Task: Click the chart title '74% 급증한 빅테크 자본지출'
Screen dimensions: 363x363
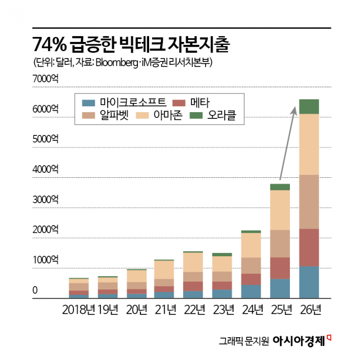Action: [131, 45]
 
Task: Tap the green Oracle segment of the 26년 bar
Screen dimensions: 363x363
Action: [309, 106]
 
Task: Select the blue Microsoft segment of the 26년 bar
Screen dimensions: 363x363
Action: [309, 282]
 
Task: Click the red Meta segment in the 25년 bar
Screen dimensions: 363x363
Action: [280, 268]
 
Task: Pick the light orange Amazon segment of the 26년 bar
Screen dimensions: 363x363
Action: [309, 144]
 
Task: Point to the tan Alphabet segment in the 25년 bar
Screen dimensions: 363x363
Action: [280, 243]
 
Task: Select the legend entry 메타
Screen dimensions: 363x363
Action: [192, 102]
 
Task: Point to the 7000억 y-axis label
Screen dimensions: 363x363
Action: [45, 78]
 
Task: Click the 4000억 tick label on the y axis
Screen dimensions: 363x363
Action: [45, 169]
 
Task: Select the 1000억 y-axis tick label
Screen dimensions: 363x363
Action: [45, 260]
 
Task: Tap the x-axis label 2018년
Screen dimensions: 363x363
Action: [79, 310]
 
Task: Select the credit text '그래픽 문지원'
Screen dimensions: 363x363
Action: [244, 341]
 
